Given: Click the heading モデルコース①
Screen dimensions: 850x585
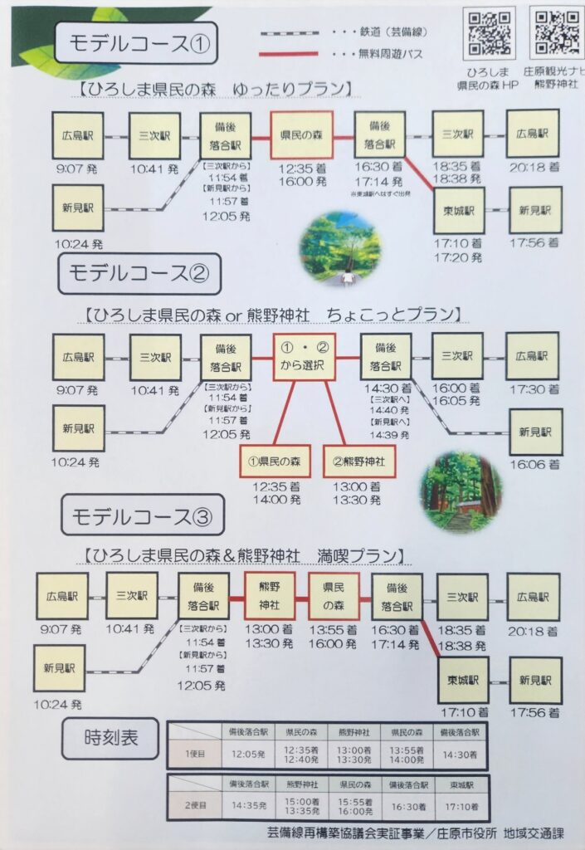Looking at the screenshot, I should tap(134, 43).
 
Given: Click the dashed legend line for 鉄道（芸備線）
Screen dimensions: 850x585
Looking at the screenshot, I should tap(290, 32).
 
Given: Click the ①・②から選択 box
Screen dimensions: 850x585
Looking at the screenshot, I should tap(305, 358).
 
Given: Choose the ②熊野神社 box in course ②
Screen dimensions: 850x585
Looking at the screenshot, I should tap(359, 460).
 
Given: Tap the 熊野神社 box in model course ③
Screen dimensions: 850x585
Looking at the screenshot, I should tap(270, 595).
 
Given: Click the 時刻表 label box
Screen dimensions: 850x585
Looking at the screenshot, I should tap(110, 738).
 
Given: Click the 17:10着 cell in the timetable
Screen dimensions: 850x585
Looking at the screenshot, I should tap(459, 806).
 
